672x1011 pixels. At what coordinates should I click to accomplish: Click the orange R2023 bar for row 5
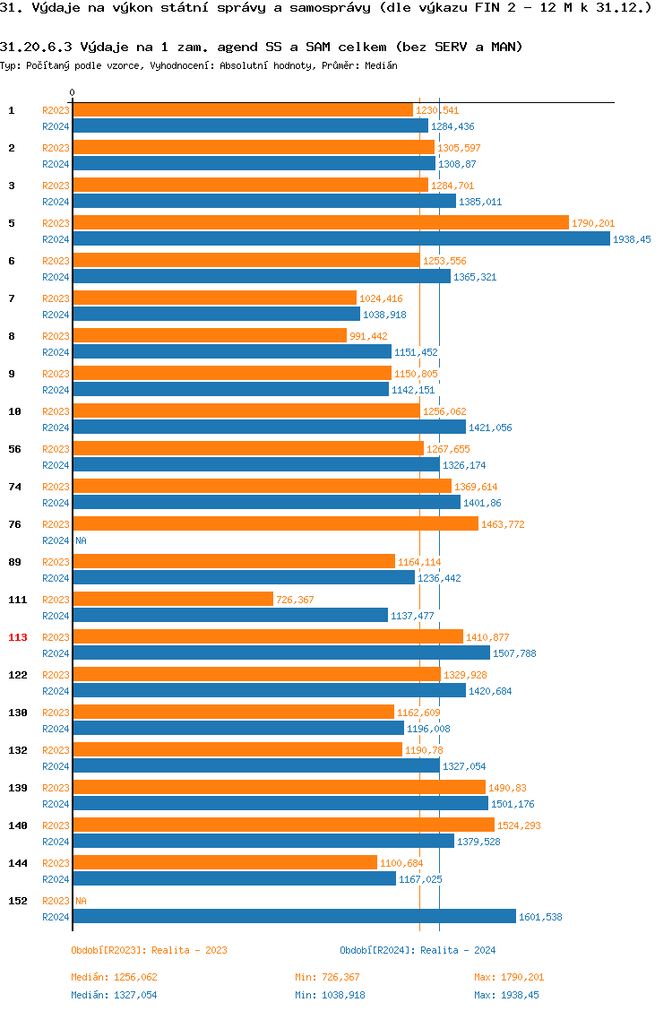click(321, 222)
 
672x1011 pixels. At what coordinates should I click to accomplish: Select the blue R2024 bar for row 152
click(294, 916)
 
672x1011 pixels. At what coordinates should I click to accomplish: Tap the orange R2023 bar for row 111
click(173, 599)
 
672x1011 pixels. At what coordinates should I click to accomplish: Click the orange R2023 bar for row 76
click(275, 523)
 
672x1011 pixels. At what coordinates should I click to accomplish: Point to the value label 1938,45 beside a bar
click(632, 239)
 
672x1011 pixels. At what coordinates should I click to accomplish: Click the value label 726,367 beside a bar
click(295, 600)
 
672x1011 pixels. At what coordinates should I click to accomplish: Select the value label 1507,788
click(514, 653)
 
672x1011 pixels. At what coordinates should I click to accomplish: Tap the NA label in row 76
click(81, 540)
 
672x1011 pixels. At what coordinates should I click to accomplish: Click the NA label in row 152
click(81, 901)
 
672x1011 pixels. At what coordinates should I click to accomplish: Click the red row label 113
click(18, 637)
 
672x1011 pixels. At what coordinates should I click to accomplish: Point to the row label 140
click(18, 825)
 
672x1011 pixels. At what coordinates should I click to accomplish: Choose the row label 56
click(15, 449)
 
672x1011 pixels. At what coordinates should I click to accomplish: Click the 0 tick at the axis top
click(73, 93)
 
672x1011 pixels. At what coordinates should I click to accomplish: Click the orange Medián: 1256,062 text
click(114, 977)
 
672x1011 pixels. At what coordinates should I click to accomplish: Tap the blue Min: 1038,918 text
click(330, 995)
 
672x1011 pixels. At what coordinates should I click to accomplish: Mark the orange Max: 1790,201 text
click(509, 977)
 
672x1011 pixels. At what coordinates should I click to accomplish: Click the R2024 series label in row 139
click(56, 804)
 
